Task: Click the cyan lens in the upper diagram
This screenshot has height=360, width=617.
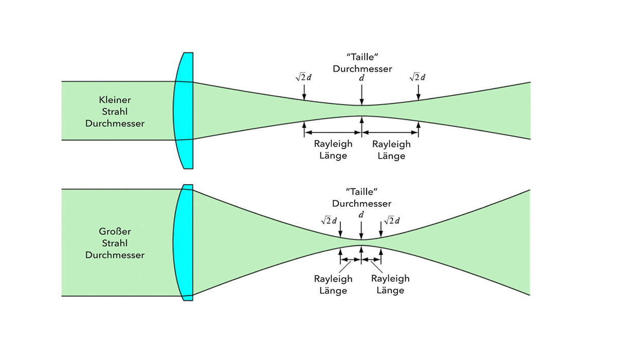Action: tap(185, 111)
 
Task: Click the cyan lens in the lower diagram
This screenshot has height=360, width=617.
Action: tap(185, 242)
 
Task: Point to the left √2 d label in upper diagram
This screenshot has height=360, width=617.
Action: tap(304, 77)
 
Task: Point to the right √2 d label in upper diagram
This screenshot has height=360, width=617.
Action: tap(418, 77)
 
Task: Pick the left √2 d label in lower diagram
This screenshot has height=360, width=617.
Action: tap(329, 221)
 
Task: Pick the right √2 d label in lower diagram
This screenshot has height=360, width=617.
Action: tap(391, 221)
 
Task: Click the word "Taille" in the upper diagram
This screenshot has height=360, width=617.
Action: tap(362, 56)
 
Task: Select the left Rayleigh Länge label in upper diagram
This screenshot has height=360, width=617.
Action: tap(333, 150)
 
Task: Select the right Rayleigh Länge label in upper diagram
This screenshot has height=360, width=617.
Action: tap(391, 150)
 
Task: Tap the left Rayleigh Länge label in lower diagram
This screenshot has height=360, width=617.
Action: tap(333, 284)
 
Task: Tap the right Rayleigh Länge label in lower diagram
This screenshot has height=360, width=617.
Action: tap(390, 284)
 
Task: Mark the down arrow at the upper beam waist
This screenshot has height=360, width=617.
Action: tap(362, 95)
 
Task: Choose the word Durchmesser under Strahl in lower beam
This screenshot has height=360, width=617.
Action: tap(115, 255)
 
